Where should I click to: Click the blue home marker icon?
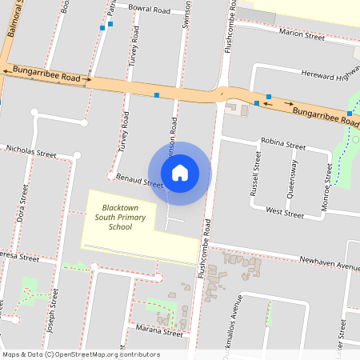pyautogui.click(x=179, y=173)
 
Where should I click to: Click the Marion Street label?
pyautogui.click(x=302, y=34)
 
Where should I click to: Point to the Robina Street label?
pyautogui.click(x=282, y=147)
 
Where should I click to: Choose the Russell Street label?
pyautogui.click(x=256, y=180)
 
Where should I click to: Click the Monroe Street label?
pyautogui.click(x=326, y=184)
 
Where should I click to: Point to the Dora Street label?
pyautogui.click(x=22, y=204)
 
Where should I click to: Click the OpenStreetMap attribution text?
pyautogui.click(x=81, y=354)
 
